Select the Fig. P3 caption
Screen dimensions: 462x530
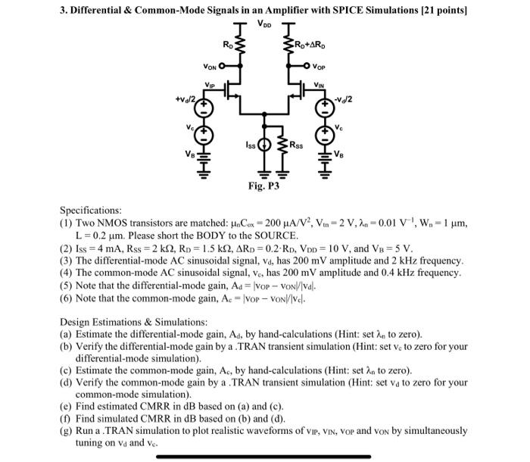pyautogui.click(x=264, y=184)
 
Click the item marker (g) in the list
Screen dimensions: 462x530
pyautogui.click(x=65, y=430)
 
